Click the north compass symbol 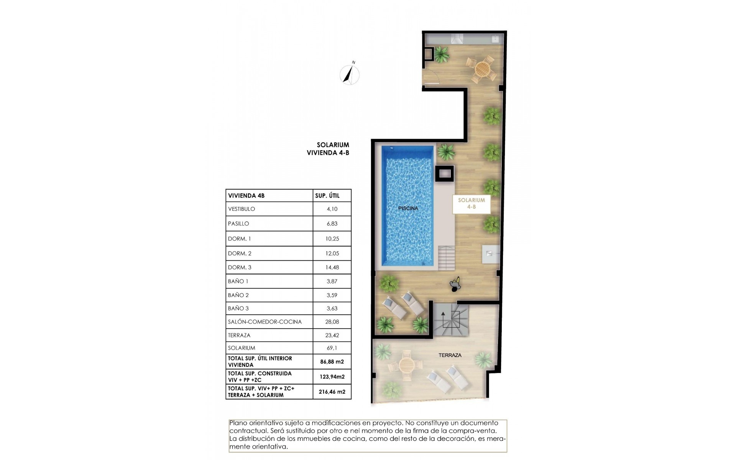pos(350,74)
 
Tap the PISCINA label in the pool pos(408,209)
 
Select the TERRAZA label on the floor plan pos(450,355)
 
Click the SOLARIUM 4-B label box pos(472,204)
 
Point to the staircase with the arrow pos(451,319)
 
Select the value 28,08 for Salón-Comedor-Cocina pos(332,322)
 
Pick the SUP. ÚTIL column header pos(327,196)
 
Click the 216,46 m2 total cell pos(332,392)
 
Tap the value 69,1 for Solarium pos(332,348)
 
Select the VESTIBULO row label pos(242,209)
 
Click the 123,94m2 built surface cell pos(332,377)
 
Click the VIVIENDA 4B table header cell pos(246,196)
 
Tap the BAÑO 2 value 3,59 pos(332,296)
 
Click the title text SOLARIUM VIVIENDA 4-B pos(329,149)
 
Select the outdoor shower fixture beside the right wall pos(491,254)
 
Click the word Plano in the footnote pos(237,423)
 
